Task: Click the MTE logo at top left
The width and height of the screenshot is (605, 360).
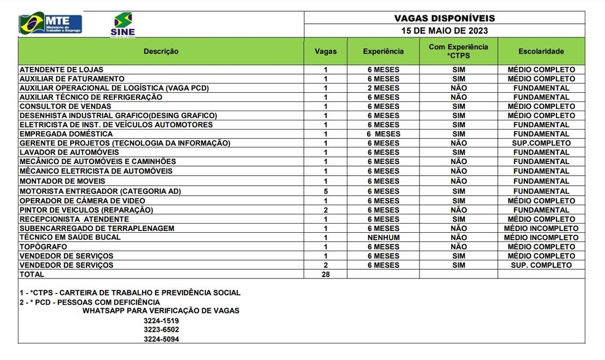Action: [x=50, y=23]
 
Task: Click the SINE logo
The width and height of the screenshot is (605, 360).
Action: [x=123, y=25]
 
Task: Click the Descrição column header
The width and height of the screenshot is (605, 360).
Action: [x=161, y=52]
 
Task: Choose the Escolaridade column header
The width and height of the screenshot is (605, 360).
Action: [x=541, y=52]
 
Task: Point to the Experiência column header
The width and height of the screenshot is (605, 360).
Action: [x=383, y=52]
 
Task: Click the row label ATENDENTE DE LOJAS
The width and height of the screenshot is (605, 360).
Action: [x=61, y=69]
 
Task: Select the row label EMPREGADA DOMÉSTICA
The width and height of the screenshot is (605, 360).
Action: [x=66, y=134]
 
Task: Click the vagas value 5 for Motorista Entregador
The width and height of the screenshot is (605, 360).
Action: [x=325, y=191]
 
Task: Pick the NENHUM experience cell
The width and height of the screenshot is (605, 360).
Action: [x=383, y=237]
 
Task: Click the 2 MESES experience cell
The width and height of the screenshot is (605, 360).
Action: [x=383, y=88]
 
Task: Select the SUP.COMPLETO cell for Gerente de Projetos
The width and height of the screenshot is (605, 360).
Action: [x=541, y=143]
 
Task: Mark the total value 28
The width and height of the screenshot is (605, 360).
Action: [x=325, y=275]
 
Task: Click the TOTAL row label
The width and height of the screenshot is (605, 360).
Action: [x=32, y=275]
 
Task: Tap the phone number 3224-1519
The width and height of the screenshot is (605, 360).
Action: [x=162, y=321]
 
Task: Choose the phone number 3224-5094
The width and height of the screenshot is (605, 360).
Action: [x=162, y=339]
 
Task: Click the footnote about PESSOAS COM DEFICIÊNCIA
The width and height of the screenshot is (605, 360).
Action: [x=89, y=302]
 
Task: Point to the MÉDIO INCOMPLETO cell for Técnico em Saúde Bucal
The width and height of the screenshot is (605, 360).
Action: [x=541, y=237]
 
